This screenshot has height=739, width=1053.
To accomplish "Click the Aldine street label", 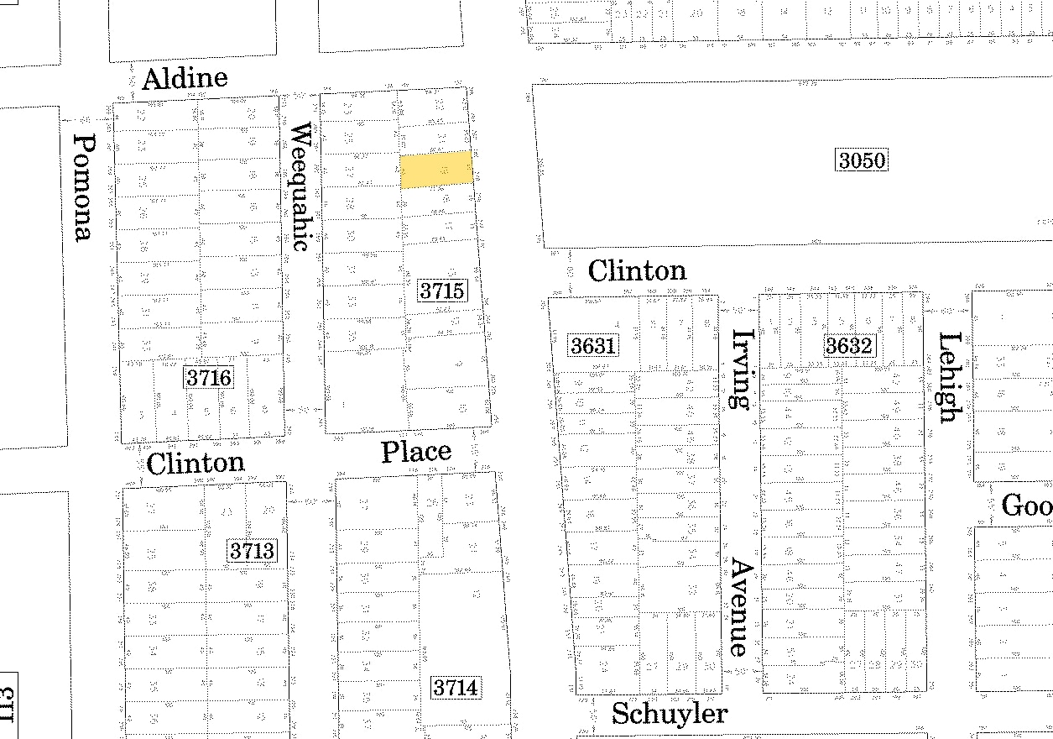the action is click(185, 79).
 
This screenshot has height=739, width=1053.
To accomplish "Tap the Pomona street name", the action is click(82, 187).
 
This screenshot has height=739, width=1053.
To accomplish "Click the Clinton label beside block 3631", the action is click(637, 270).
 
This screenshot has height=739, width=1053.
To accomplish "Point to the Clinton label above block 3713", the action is click(195, 463).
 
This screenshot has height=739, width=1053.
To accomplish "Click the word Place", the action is click(416, 452).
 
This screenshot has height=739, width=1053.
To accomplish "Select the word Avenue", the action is click(739, 606).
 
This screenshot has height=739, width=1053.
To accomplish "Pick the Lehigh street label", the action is click(949, 377).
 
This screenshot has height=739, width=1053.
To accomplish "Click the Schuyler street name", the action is click(669, 714).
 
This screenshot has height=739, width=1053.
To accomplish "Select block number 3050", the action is click(862, 160).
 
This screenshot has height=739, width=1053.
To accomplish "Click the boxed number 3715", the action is click(442, 291).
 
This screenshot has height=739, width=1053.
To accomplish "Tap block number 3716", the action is click(208, 378).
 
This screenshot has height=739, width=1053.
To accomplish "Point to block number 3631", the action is click(593, 345).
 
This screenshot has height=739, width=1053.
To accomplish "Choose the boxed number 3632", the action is click(849, 346).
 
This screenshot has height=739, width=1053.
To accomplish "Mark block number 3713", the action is click(252, 552).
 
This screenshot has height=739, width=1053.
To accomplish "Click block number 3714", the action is click(456, 689).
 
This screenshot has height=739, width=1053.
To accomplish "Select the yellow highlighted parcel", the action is click(436, 170).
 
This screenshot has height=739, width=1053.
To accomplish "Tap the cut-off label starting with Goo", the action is click(1026, 506).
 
